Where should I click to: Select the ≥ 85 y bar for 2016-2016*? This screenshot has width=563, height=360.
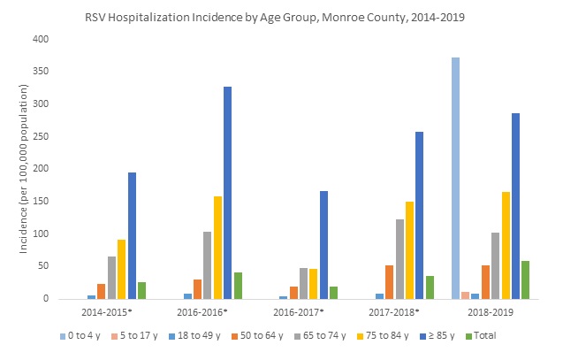coord(227,193)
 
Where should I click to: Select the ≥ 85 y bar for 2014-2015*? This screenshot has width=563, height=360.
coord(132,235)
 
